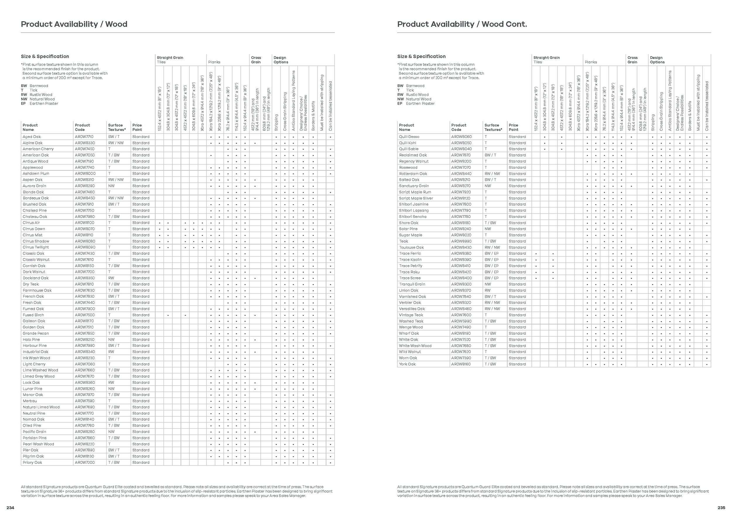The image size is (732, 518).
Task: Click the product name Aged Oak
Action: [x=32, y=137]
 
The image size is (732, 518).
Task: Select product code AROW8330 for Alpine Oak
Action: [x=85, y=143]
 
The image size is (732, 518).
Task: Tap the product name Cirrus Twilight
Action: [x=36, y=247]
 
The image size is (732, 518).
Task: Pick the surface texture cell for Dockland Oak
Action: [x=111, y=278]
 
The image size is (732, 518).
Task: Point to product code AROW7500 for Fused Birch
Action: [x=85, y=315]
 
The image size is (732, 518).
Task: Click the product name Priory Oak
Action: [x=32, y=463]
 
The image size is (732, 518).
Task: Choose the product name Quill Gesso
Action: [x=409, y=137]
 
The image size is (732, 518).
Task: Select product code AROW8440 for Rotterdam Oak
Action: [x=461, y=173]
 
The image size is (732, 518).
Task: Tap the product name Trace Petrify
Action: [x=411, y=266]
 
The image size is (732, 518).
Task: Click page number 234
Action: [x=10, y=508]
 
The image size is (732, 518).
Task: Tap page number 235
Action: [x=721, y=508]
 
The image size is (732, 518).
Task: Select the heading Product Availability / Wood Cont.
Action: [x=462, y=24]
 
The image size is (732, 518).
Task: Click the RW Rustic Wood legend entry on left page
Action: [x=37, y=95]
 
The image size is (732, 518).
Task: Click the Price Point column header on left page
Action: [x=137, y=127]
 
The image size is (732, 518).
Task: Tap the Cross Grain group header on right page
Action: [x=632, y=60]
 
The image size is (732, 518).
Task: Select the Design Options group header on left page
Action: [x=281, y=60]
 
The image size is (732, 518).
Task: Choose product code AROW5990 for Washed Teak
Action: [x=461, y=321]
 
